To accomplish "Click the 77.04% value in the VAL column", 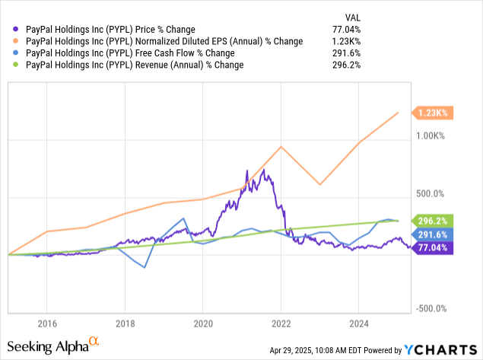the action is pyautogui.click(x=346, y=29).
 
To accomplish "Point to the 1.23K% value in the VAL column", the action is pyautogui.click(x=346, y=41).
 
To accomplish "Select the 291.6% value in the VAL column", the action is pyautogui.click(x=346, y=53).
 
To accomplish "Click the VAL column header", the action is pyautogui.click(x=353, y=18).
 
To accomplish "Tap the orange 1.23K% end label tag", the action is pyautogui.click(x=433, y=113).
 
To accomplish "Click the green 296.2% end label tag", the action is pyautogui.click(x=433, y=221).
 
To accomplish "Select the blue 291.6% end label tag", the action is pyautogui.click(x=433, y=234).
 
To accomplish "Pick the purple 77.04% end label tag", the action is pyautogui.click(x=433, y=247).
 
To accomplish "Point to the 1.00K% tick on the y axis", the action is pyautogui.click(x=431, y=136).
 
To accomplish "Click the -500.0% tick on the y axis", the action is pyautogui.click(x=431, y=308).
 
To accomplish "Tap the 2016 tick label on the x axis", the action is pyautogui.click(x=47, y=323).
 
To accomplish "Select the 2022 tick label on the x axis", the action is pyautogui.click(x=281, y=323).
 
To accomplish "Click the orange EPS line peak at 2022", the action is pyautogui.click(x=281, y=146).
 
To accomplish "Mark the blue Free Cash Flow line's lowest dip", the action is pyautogui.click(x=145, y=267).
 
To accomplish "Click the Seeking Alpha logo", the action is pyautogui.click(x=53, y=346).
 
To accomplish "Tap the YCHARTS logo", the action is pyautogui.click(x=440, y=350).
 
